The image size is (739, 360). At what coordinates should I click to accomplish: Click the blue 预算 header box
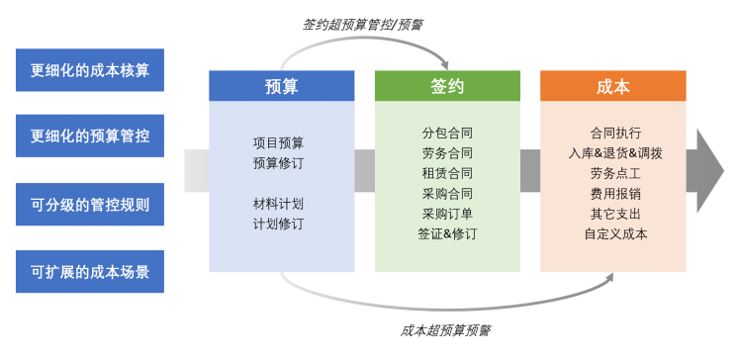[282, 86]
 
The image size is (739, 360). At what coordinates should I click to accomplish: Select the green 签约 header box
[447, 86]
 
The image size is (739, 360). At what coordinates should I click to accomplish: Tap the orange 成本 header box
[613, 86]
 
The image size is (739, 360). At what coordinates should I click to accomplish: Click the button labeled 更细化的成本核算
[90, 70]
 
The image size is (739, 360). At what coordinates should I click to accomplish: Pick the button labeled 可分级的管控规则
[90, 205]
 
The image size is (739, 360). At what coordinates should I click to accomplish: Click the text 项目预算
[279, 142]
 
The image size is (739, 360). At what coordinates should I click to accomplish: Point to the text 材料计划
[279, 204]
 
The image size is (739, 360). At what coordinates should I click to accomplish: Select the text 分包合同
[447, 133]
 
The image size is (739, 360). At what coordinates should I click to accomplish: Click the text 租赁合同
[447, 173]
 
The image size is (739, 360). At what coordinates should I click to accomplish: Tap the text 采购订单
[447, 214]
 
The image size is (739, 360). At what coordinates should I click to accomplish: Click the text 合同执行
[615, 133]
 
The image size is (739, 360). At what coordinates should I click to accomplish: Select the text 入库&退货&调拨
[615, 153]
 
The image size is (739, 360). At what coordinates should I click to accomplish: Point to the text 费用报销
[615, 194]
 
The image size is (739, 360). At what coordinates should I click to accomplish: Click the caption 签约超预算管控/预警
[364, 22]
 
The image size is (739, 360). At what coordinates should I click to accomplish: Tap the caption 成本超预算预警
[447, 330]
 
